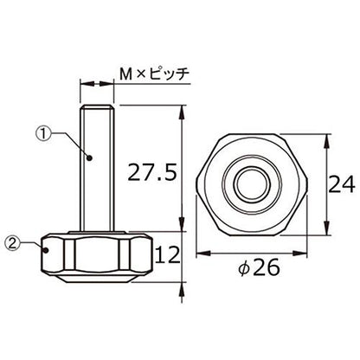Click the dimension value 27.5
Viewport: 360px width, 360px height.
coord(151,172)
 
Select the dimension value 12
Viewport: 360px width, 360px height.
coord(168,254)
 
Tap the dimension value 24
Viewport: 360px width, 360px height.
coord(342,184)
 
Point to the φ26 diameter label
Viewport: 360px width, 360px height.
coord(259,267)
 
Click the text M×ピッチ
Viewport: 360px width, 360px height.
coord(155,74)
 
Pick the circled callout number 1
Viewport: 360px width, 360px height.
coord(43,133)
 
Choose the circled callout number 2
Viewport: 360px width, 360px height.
coord(13,243)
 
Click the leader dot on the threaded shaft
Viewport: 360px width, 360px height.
coord(89,157)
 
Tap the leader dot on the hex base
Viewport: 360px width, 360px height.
coord(46,250)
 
